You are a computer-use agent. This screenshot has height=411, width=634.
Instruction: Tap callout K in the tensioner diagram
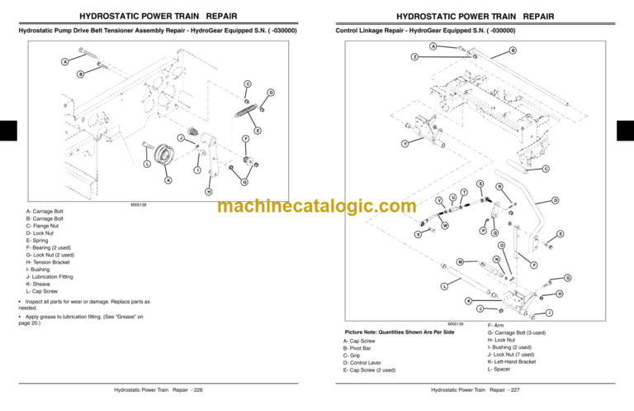click(168, 179)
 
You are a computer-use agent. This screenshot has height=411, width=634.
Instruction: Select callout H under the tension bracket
click(210, 192)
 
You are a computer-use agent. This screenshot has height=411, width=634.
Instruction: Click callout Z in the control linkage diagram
click(414, 56)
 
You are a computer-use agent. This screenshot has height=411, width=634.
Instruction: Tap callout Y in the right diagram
click(404, 145)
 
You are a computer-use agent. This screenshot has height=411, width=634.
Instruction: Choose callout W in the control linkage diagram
click(445, 225)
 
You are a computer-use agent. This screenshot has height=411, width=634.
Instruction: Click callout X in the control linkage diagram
click(419, 235)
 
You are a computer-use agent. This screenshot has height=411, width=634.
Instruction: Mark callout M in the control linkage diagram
click(459, 262)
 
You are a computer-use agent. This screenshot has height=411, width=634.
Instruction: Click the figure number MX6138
click(140, 204)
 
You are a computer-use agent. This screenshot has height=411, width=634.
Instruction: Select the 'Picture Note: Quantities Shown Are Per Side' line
click(393, 331)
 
